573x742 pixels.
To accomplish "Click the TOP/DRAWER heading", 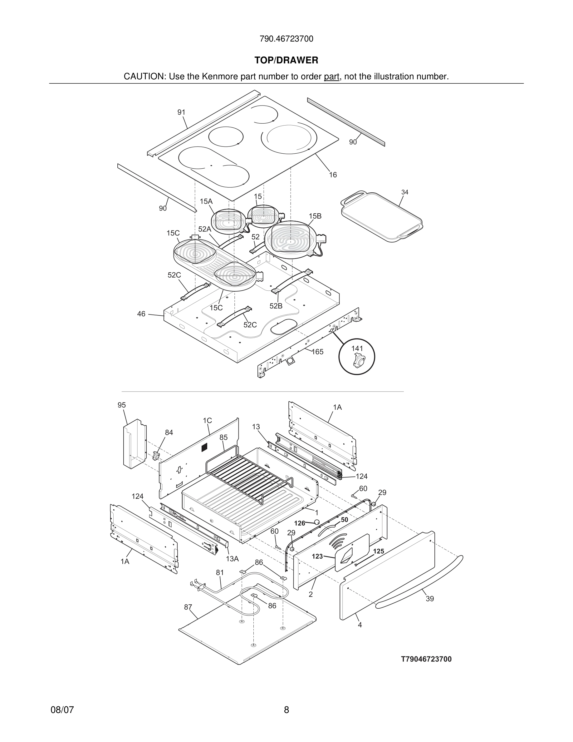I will [x=286, y=61].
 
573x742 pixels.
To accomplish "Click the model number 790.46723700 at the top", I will [x=286, y=39].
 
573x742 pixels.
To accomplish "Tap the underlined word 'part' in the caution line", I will [x=331, y=77].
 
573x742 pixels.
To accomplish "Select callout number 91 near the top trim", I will [x=181, y=112].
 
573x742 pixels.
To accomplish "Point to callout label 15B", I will [x=315, y=216].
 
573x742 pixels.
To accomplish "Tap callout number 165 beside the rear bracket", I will [x=317, y=352].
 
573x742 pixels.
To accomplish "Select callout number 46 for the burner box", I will [x=141, y=314].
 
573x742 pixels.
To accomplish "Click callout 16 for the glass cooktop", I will [x=333, y=175].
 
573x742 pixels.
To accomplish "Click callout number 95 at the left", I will [x=121, y=405].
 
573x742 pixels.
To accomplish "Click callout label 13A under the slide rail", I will [x=232, y=559].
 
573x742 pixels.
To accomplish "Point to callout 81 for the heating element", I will [x=220, y=573].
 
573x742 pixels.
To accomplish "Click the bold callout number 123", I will [x=317, y=556].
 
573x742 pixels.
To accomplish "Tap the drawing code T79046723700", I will [x=426, y=660].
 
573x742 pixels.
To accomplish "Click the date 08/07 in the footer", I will [x=62, y=710].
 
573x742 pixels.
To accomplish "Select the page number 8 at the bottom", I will [x=286, y=710].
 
